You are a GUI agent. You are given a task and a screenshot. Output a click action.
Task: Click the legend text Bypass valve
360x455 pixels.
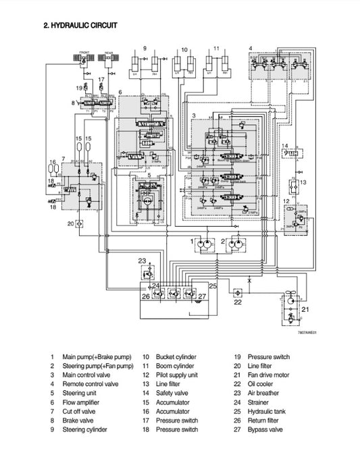tap(267, 429)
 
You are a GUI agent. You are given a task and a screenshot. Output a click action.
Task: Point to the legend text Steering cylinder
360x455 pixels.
tap(84, 429)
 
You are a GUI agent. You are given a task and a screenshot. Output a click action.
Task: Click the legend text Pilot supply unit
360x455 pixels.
tap(177, 375)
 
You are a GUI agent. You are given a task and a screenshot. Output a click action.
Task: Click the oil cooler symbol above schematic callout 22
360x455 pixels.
tap(236, 292)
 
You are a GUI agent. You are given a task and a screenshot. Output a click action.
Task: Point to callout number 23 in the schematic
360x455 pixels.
tap(142, 261)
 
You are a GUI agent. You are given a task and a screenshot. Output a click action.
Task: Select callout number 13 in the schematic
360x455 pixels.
tap(303, 183)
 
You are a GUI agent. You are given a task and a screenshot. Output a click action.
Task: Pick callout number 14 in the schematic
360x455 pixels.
tap(286, 146)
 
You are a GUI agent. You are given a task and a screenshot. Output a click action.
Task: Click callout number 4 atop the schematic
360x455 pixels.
tap(251, 49)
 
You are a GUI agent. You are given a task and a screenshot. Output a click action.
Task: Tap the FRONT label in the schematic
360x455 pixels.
tap(86, 51)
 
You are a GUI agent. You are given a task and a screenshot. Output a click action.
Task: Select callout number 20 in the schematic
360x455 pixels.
tap(70, 223)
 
